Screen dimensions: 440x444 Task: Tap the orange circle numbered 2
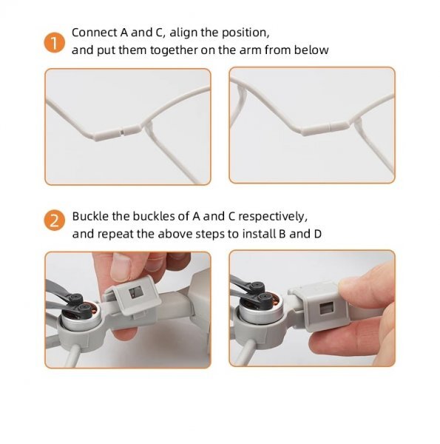(54, 221)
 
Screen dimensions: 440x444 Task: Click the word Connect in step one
(94, 33)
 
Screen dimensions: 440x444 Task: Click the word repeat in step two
(115, 234)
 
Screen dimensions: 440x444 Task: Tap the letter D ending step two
(318, 234)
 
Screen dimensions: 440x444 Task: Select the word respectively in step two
(272, 217)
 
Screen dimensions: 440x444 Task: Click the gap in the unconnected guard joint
(122, 132)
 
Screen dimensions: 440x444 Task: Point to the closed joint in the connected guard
(329, 128)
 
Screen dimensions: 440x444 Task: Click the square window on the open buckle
(135, 292)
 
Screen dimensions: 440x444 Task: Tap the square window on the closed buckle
(326, 308)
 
